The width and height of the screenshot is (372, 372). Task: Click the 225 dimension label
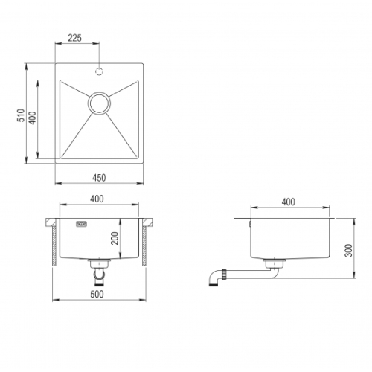74,38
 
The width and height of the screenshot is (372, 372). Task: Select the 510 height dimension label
21,115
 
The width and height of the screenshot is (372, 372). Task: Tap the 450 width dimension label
99,178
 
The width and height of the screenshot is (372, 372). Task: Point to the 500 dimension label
97,294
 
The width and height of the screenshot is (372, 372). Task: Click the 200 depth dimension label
115,238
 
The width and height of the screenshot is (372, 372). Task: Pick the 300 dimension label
348,251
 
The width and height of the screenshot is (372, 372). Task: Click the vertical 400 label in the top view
33,118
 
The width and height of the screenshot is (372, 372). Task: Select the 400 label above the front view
97,199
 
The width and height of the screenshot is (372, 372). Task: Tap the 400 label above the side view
288,202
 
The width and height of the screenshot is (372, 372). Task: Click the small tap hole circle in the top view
99,71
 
